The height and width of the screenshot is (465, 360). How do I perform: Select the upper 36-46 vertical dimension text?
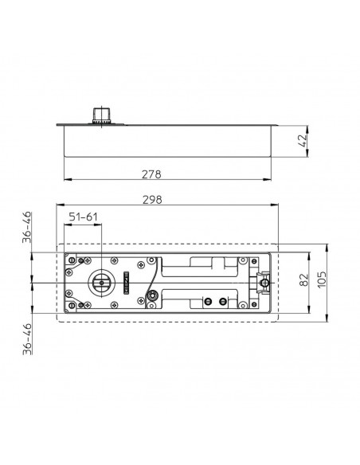click(26, 229)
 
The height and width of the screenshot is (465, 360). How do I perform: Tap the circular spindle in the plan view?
click(101, 282)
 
